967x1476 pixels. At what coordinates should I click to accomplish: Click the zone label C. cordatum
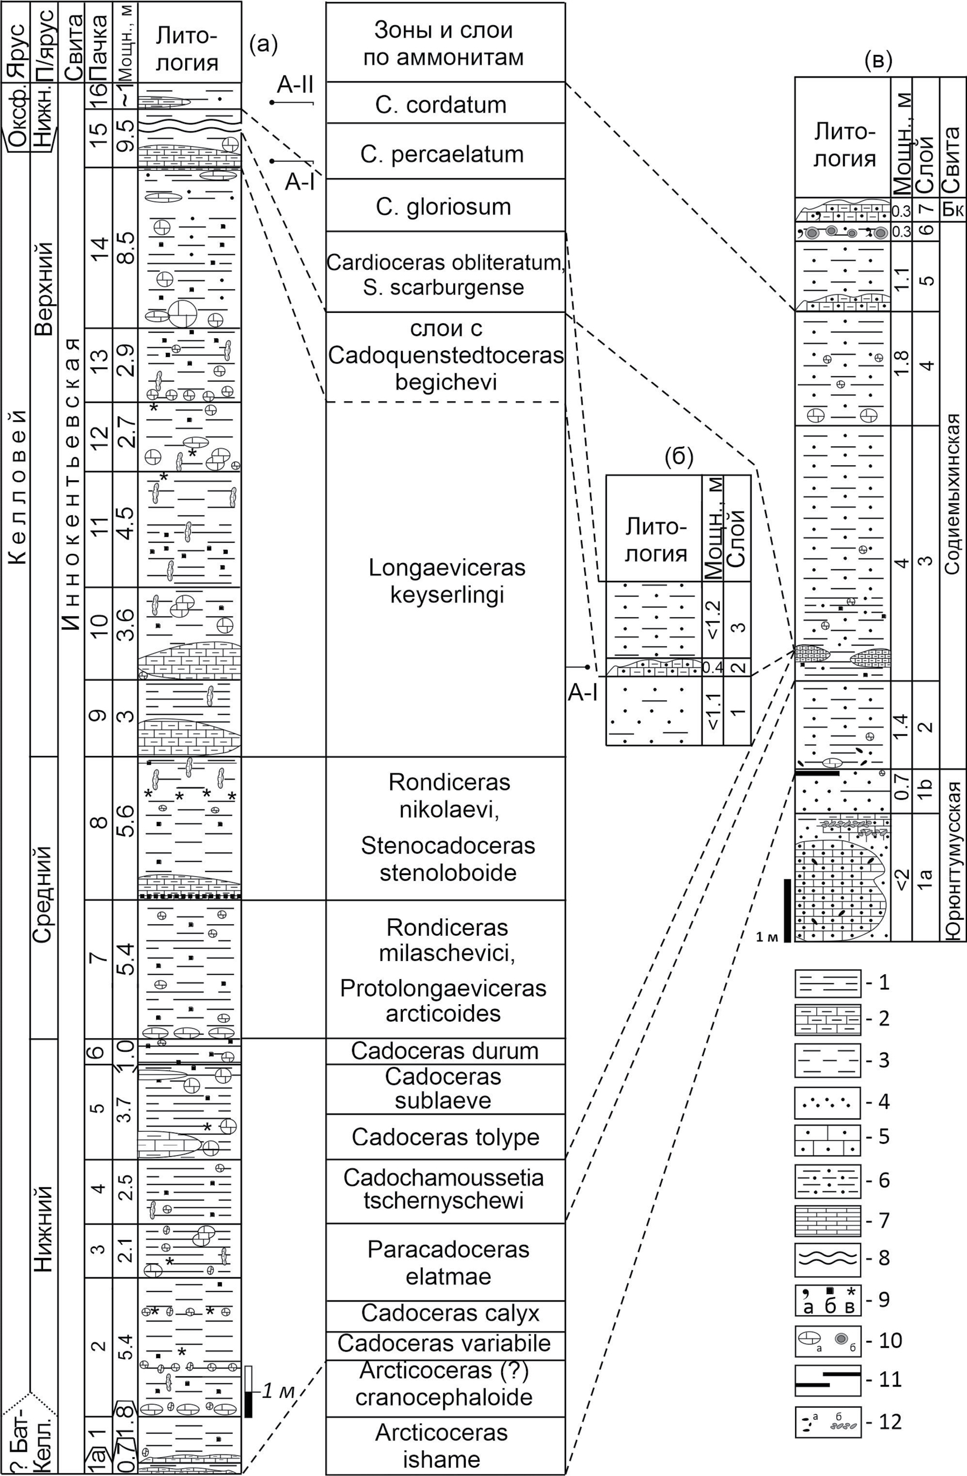440,104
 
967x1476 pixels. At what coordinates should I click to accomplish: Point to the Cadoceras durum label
445,1051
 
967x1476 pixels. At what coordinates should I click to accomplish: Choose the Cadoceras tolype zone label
445,1137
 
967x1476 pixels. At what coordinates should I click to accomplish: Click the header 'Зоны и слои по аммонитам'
445,44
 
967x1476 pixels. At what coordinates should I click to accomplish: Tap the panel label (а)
263,44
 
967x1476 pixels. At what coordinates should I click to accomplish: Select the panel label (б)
679,457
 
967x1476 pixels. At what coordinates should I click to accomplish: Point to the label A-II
295,85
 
